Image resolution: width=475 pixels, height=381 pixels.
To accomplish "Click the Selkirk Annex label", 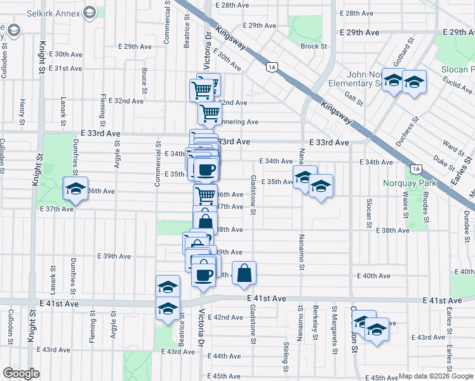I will click(50, 13).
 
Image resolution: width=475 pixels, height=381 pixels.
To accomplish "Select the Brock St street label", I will click(314, 46).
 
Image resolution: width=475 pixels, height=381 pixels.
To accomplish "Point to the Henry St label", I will click(22, 112).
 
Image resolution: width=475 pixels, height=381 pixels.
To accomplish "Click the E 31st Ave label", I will click(66, 69).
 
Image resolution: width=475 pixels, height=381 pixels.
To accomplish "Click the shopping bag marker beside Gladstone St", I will click(244, 274).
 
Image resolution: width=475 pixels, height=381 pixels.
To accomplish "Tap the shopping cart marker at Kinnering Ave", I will click(210, 114).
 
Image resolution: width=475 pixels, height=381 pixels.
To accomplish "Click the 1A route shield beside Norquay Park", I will click(416, 169).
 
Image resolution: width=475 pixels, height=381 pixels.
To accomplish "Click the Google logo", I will click(21, 373).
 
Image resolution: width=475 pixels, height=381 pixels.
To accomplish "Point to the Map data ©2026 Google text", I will click(435, 376).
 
